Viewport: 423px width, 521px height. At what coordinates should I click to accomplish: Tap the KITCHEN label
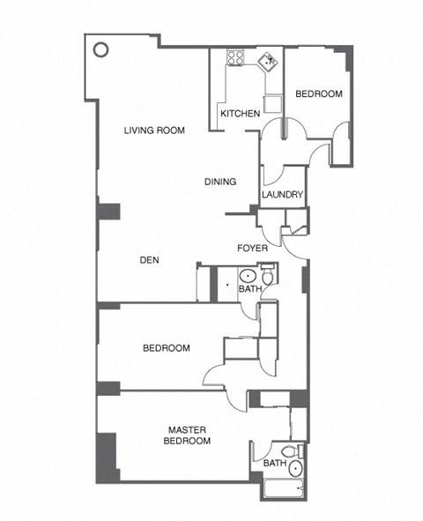tap(239, 114)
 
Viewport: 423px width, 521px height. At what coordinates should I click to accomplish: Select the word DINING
tap(220, 182)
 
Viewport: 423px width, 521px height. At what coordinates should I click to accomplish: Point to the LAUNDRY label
tap(283, 195)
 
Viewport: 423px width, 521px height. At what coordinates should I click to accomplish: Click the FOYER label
tap(252, 248)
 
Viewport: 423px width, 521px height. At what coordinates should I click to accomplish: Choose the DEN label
tap(149, 260)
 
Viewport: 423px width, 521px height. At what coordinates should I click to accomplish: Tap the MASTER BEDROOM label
tap(188, 435)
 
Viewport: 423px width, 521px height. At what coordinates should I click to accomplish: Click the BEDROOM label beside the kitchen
tap(317, 94)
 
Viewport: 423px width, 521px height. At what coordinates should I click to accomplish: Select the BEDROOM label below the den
tap(167, 348)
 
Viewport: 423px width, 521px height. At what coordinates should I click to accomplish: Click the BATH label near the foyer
tap(250, 289)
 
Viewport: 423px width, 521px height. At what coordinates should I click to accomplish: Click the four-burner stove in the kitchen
tap(236, 58)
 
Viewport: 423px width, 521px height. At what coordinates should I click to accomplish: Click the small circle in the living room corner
tap(101, 49)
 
